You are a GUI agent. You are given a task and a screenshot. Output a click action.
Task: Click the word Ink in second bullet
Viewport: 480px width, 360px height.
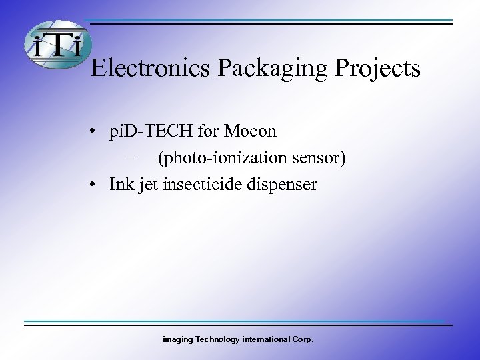pos(121,183)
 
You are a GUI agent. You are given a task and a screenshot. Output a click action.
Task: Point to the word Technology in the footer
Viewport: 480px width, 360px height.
pos(214,340)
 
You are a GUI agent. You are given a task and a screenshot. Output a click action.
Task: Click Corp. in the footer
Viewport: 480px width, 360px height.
pos(303,340)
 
